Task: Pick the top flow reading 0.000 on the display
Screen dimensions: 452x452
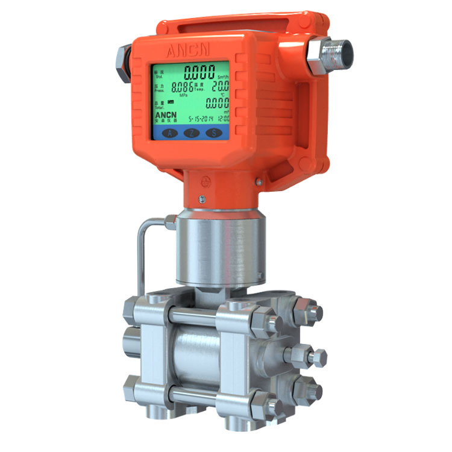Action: point(199,74)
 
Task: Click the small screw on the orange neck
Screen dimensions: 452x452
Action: point(202,199)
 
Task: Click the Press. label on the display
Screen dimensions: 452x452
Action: point(159,90)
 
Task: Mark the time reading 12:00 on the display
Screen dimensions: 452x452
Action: point(224,119)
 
